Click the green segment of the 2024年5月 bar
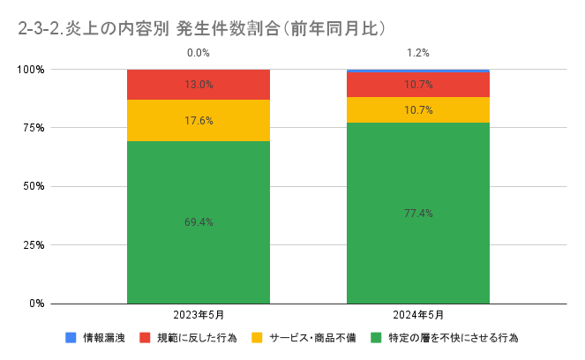417,256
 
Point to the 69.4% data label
198,222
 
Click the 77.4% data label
417,213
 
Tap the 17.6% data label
198,121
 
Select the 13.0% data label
198,85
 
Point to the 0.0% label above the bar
198,53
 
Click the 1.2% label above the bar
417,53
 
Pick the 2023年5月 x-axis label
198,315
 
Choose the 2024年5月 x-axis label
417,315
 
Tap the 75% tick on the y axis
33,128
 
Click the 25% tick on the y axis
33,244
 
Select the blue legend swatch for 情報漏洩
71,338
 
